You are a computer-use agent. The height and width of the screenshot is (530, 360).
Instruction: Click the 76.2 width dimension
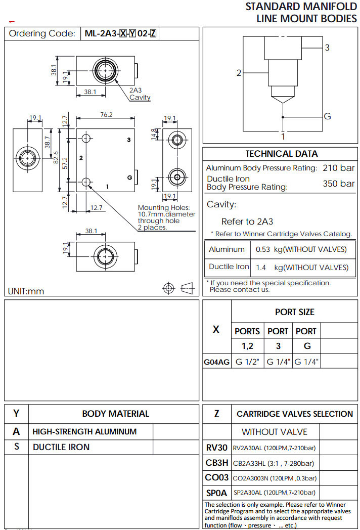click(x=106, y=115)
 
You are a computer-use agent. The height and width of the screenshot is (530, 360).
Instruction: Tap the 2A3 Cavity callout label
click(x=139, y=94)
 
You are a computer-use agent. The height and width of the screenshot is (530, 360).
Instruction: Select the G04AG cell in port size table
click(x=216, y=362)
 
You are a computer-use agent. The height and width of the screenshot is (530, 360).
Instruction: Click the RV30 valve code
click(x=216, y=448)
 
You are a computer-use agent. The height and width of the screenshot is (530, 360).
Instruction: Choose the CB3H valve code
click(x=216, y=463)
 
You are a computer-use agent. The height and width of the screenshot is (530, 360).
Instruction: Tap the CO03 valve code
click(x=216, y=477)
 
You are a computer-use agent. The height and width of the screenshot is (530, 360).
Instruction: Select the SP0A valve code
click(x=216, y=493)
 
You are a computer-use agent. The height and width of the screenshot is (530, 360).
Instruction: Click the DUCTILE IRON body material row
click(x=61, y=447)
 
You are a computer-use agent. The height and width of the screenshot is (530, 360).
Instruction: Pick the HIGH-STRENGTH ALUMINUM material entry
click(x=84, y=432)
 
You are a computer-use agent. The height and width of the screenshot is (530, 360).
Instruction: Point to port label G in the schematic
click(x=327, y=116)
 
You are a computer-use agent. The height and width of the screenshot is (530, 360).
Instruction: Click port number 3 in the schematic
click(x=327, y=48)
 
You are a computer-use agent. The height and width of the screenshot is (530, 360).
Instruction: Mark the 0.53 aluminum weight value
click(x=263, y=249)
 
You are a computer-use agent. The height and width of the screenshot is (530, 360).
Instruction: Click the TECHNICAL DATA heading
click(x=282, y=154)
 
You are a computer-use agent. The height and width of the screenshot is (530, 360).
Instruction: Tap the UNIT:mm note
click(x=26, y=291)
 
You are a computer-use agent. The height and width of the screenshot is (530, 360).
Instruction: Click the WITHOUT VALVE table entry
click(x=274, y=432)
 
